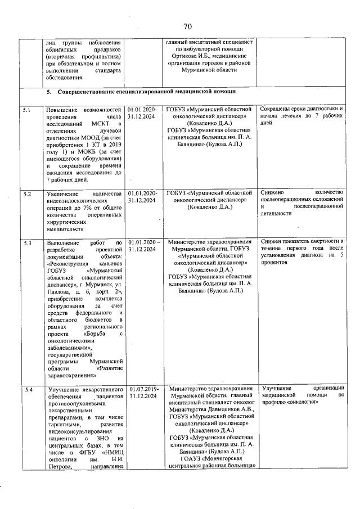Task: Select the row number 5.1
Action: coord(26,109)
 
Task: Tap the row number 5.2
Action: coord(26,194)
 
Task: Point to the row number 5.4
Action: coord(26,389)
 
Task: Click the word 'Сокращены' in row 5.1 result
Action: coord(278,109)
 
